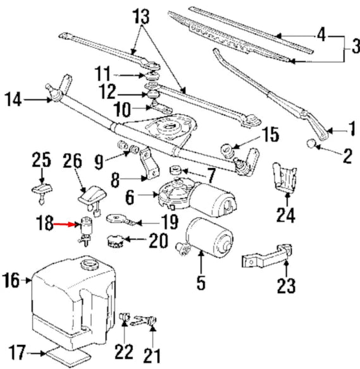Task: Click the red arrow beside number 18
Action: [64, 224]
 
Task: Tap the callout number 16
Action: [11, 278]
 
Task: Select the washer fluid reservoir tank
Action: [73, 297]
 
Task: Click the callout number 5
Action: [201, 283]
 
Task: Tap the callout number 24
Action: [285, 216]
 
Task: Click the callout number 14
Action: [13, 99]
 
